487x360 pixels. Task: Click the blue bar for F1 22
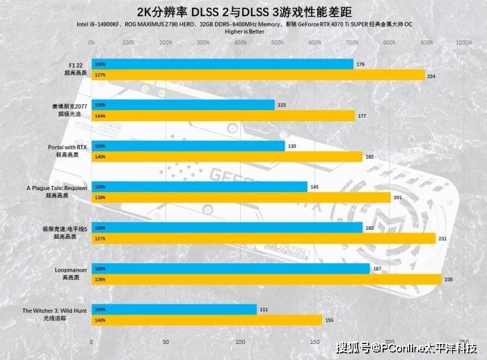click(x=222, y=64)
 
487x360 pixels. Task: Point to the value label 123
click(x=282, y=105)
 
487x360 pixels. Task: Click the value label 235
click(x=449, y=279)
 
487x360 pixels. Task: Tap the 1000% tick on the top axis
click(x=463, y=42)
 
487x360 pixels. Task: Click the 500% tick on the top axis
click(x=277, y=42)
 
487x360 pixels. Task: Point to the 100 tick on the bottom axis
click(x=240, y=342)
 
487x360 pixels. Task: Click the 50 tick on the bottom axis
click(x=166, y=342)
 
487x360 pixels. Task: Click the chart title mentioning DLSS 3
click(x=243, y=12)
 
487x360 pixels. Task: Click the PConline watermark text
click(x=406, y=347)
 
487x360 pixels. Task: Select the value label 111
click(x=264, y=308)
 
